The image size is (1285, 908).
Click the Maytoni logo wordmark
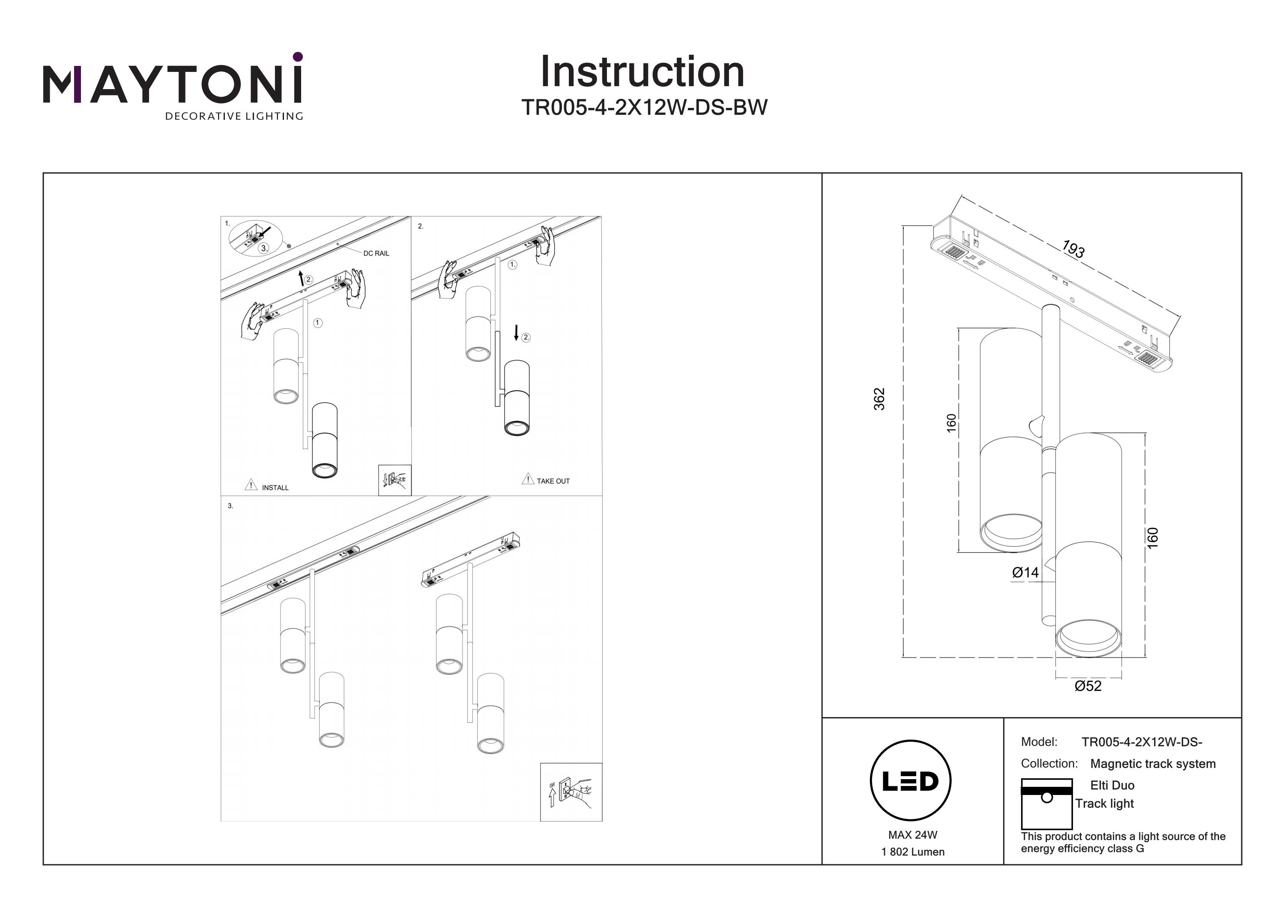coord(172,84)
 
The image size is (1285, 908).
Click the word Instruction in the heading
coord(642,72)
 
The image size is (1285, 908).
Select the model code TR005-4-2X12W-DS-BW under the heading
coord(644,107)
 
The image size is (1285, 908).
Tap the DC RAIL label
coord(376,253)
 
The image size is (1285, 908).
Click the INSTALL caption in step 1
coord(275,488)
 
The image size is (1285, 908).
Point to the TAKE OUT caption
coord(553,481)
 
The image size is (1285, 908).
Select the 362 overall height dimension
coord(880,399)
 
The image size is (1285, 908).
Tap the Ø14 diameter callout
coord(1025,572)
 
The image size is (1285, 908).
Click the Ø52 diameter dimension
coord(1088,686)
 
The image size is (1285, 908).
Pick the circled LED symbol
coord(911,781)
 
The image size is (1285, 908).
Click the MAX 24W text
coord(912,835)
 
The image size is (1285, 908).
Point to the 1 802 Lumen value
coord(913,852)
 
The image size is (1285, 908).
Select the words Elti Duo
coord(1112,786)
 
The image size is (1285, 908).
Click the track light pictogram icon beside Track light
coord(1046,804)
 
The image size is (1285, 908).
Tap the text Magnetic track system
coord(1153,764)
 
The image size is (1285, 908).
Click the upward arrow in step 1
coord(302,278)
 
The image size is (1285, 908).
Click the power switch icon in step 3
coord(571,792)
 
